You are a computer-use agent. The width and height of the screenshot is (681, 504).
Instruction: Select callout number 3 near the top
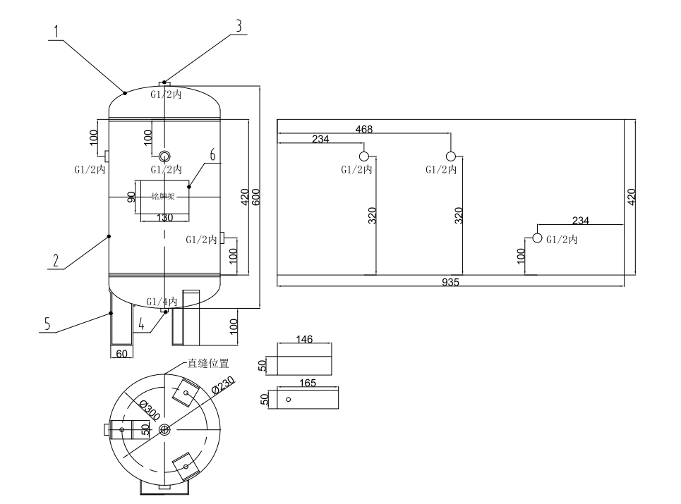coord(239,25)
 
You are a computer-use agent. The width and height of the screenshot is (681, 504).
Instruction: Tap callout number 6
coord(212,154)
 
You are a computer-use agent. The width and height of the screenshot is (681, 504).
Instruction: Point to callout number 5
coord(47,324)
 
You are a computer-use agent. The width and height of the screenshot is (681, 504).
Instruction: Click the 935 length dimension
coord(451,282)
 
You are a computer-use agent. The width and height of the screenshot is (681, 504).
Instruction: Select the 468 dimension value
coord(364,129)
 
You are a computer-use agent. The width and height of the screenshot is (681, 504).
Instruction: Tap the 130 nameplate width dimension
coord(164,218)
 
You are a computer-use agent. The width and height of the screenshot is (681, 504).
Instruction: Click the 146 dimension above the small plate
coord(304,339)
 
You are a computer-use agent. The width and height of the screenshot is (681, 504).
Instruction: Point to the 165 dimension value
coord(308,383)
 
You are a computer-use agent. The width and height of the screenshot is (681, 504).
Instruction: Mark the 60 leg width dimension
coord(121,354)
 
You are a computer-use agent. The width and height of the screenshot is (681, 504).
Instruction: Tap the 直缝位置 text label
coord(209,364)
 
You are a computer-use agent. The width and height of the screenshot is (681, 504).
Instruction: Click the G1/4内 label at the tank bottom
coord(162,302)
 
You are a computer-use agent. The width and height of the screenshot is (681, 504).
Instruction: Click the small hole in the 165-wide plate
coord(289,400)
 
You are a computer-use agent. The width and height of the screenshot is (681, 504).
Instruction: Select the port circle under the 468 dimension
coord(450,156)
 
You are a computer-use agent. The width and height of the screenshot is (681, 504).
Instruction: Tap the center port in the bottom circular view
coord(164,430)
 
